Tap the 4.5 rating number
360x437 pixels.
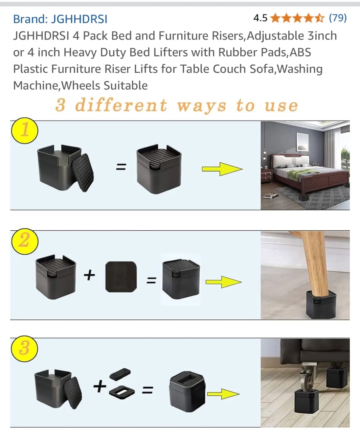[x=260, y=18]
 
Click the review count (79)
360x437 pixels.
[x=338, y=18]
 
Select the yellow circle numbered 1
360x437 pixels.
[x=25, y=130]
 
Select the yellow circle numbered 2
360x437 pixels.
[x=25, y=241]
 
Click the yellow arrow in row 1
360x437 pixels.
[x=222, y=169]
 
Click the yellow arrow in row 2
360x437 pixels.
[x=223, y=282]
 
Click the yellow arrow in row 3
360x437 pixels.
[x=223, y=394]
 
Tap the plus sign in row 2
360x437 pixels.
[x=89, y=275]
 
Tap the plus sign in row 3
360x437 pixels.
[x=100, y=386]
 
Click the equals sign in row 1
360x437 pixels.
[x=121, y=167]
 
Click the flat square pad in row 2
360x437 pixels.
[x=121, y=276]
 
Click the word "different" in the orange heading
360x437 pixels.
[x=121, y=105]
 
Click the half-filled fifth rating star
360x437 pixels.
[x=319, y=18]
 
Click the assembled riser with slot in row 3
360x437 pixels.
[x=187, y=391]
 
